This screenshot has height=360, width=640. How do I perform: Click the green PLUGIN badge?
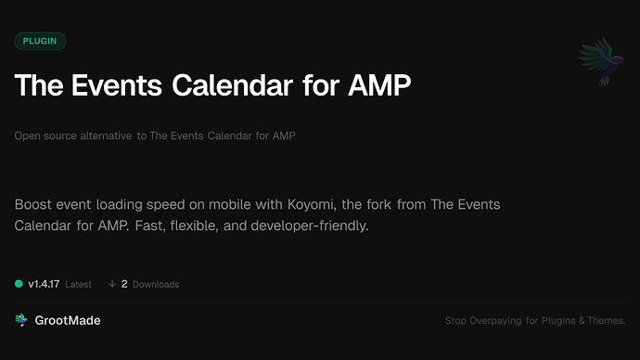pyautogui.click(x=40, y=42)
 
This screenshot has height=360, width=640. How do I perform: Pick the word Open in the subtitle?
pyautogui.click(x=26, y=136)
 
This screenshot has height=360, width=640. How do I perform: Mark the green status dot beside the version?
pyautogui.click(x=19, y=284)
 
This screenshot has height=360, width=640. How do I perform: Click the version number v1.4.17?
pyautogui.click(x=44, y=284)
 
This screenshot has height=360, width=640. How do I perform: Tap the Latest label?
pyautogui.click(x=78, y=284)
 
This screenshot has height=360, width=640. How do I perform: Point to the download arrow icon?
pyautogui.click(x=112, y=284)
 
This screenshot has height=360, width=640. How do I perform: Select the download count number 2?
pyautogui.click(x=124, y=284)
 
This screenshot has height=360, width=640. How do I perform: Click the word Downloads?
pyautogui.click(x=156, y=284)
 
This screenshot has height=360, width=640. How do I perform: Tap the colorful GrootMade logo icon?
pyautogui.click(x=21, y=320)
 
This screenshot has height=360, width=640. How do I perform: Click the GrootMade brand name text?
pyautogui.click(x=69, y=320)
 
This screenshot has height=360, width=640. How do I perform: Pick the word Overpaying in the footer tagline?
pyautogui.click(x=498, y=321)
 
